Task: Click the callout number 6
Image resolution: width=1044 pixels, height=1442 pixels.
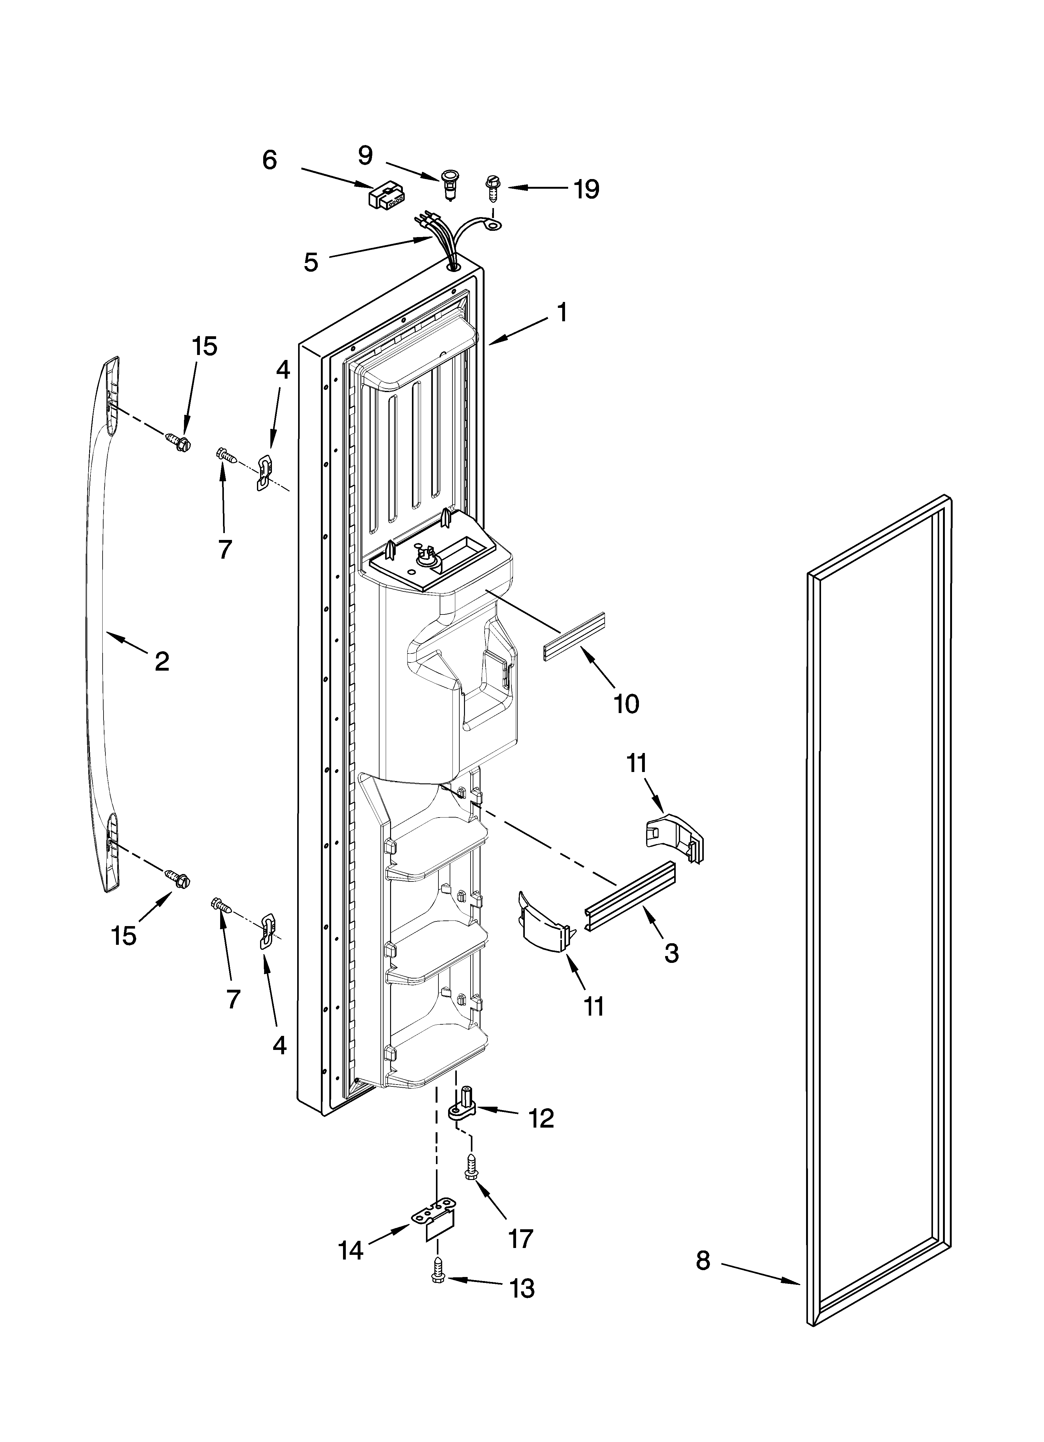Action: click(x=270, y=160)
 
